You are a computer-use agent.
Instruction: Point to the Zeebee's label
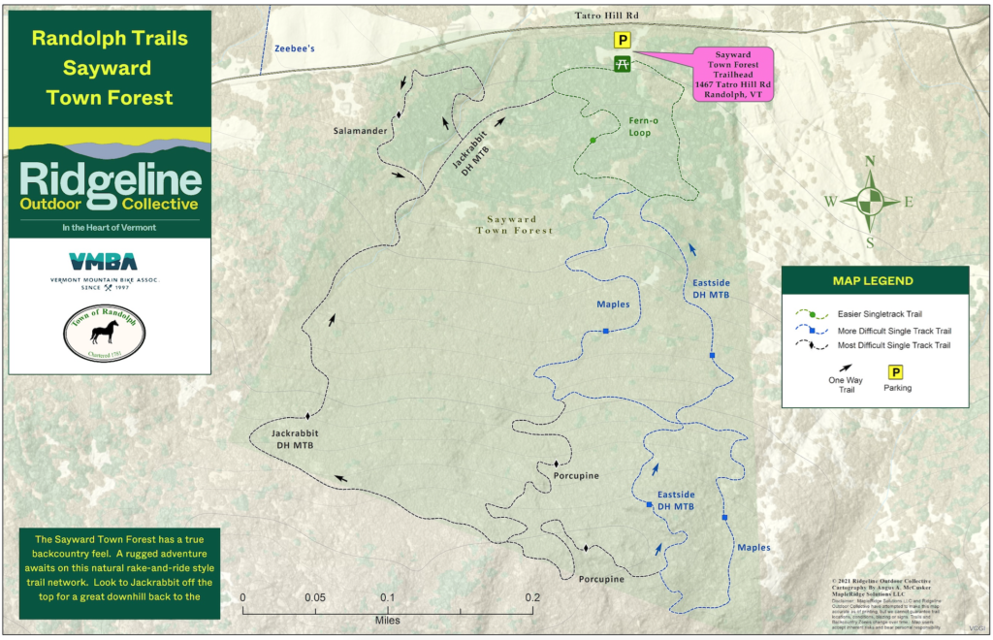pos(295,47)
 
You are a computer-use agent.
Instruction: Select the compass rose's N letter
pos(870,162)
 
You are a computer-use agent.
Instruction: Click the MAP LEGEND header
pos(872,281)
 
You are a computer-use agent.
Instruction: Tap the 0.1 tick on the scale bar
pos(388,597)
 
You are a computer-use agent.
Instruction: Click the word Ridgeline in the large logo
pos(110,180)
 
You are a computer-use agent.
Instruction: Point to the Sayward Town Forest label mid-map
pos(514,225)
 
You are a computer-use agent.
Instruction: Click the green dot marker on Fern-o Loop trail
pos(593,141)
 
